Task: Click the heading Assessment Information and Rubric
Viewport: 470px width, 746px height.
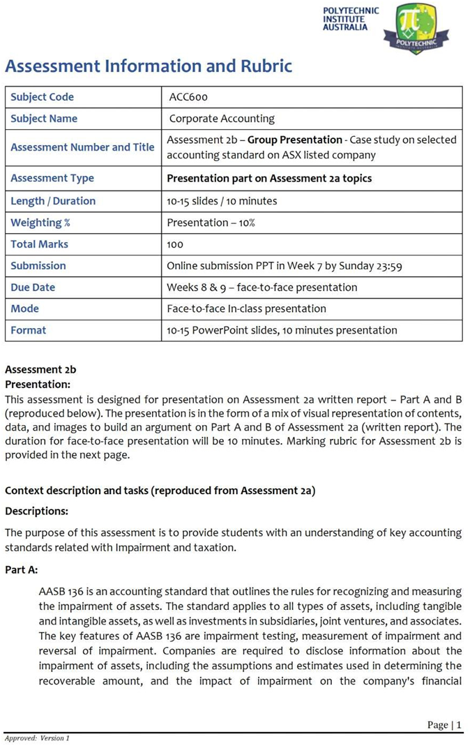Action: click(149, 66)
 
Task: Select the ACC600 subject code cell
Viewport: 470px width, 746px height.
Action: click(188, 97)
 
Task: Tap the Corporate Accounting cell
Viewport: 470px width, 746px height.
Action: click(222, 119)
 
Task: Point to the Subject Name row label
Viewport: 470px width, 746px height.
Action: click(44, 119)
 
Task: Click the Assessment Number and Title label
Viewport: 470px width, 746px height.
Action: click(82, 147)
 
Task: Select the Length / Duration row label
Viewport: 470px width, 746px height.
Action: click(53, 201)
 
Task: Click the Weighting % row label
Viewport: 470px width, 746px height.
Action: click(40, 223)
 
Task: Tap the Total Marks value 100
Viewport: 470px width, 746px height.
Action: click(175, 244)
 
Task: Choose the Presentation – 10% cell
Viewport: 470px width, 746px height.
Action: click(211, 223)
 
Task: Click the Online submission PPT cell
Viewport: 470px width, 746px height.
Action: click(284, 266)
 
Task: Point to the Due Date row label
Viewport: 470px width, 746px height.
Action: click(33, 288)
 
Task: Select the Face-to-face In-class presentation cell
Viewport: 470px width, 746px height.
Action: click(246, 308)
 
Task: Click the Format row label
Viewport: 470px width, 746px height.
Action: click(29, 330)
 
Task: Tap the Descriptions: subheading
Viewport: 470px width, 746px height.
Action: click(37, 511)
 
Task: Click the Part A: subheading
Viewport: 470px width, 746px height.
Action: click(22, 570)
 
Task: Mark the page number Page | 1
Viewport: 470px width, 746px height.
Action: click(444, 725)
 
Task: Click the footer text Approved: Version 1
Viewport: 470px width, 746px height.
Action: click(37, 738)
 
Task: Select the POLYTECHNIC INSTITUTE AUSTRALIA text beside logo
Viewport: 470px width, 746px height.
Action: click(351, 20)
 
